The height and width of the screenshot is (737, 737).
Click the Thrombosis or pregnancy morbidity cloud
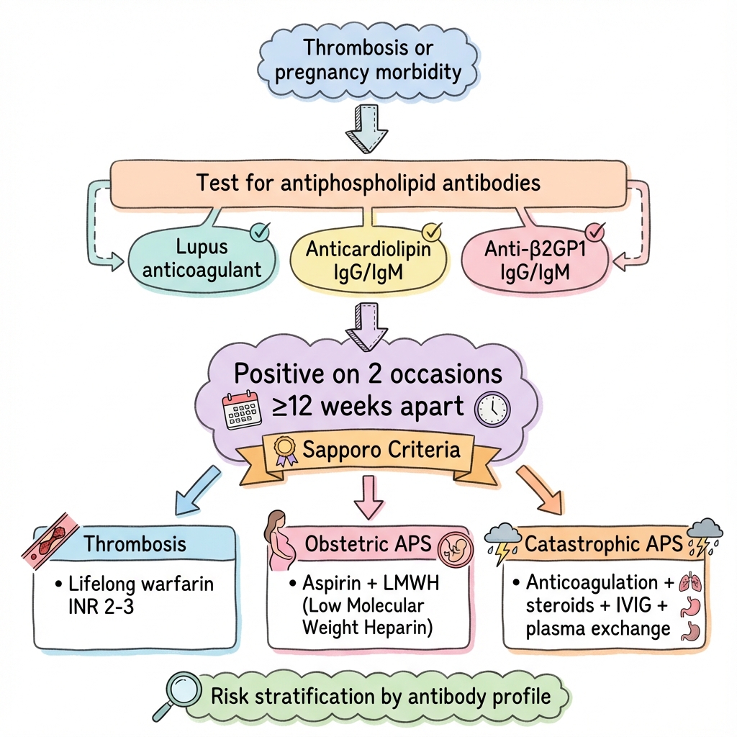point(368,61)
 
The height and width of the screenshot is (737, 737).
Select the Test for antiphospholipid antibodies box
point(368,182)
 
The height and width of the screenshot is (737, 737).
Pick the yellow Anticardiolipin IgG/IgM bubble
point(368,261)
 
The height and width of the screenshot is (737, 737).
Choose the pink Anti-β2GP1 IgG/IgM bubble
point(533,261)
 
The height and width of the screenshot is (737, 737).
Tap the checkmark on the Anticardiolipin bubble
point(431,232)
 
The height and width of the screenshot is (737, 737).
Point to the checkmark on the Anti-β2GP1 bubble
point(597,232)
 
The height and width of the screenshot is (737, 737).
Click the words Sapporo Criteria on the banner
point(381,451)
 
